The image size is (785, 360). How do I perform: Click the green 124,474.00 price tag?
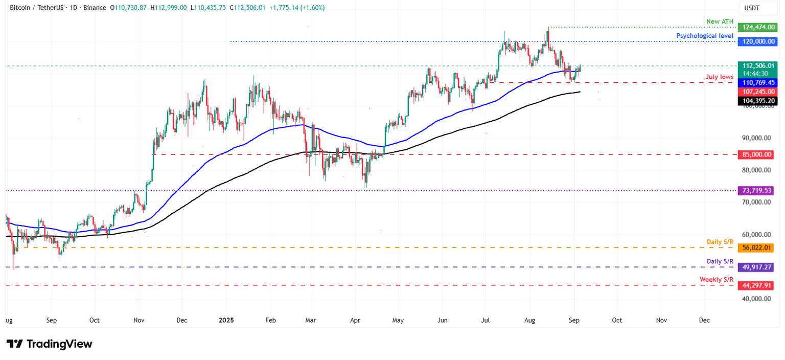click(756, 27)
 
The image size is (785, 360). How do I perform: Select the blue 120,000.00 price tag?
click(756, 41)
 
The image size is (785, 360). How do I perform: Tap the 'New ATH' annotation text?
click(720, 21)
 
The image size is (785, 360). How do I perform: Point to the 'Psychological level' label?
click(705, 36)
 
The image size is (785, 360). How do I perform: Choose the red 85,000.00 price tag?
click(756, 154)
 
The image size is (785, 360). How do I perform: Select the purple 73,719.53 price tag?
click(756, 190)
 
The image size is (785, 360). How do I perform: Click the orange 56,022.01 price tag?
click(756, 247)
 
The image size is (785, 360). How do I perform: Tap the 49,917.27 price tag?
click(756, 267)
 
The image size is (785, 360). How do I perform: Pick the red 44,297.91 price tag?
click(756, 285)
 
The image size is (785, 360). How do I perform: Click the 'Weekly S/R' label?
click(717, 279)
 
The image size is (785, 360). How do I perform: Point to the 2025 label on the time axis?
click(226, 320)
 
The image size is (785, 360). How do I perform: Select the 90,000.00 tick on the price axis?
click(756, 138)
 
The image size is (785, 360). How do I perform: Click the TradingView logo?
click(50, 344)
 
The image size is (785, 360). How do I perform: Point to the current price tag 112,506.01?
click(756, 65)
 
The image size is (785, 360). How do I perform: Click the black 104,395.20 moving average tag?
click(756, 101)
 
